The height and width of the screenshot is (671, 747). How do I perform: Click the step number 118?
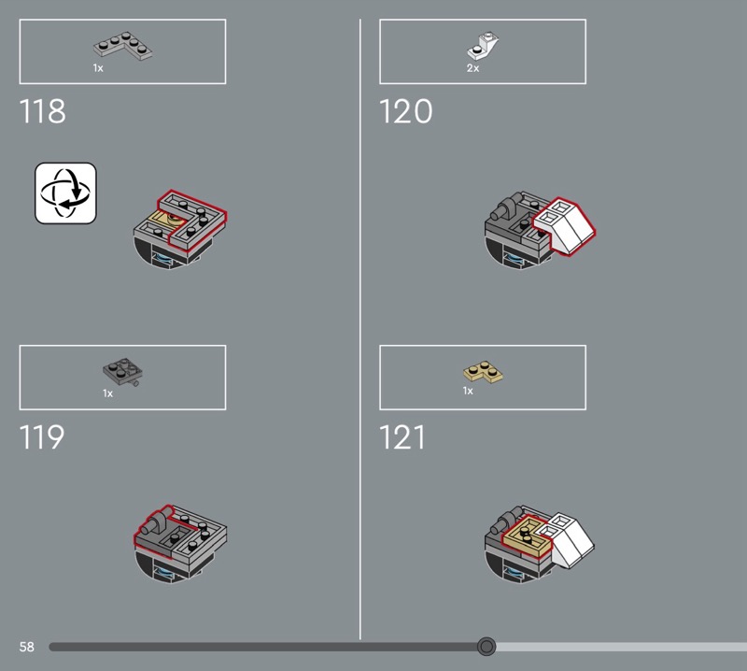(42, 111)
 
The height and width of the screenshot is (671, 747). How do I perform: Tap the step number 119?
(42, 436)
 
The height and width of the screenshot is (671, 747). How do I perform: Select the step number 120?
(406, 111)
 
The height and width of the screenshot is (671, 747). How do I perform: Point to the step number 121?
(402, 436)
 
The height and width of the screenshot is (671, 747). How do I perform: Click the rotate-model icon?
(65, 193)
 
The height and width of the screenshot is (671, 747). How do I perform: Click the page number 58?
(27, 647)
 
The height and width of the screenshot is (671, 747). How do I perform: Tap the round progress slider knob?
(486, 646)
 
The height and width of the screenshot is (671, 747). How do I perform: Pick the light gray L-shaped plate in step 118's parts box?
(123, 46)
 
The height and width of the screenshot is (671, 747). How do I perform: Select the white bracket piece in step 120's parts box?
(483, 44)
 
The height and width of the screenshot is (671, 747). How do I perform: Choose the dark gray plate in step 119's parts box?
(123, 372)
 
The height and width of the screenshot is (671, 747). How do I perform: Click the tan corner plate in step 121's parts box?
(483, 372)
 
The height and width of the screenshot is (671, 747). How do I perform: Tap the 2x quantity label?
(472, 68)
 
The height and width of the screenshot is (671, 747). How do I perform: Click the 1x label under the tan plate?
(468, 391)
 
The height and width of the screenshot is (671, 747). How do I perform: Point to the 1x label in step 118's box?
(98, 68)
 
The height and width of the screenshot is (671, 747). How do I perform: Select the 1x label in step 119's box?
(107, 393)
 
